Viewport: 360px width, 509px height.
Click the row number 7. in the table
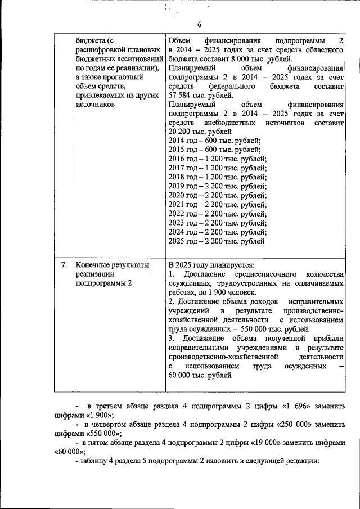tap(64, 264)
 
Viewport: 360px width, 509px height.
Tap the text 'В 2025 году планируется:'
tap(211, 264)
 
